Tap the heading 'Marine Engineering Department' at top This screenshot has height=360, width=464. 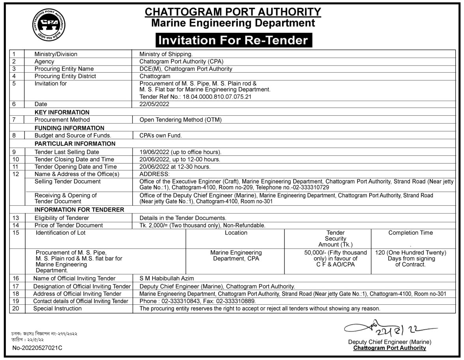tap(233, 23)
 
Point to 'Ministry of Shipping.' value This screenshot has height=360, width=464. tap(166, 54)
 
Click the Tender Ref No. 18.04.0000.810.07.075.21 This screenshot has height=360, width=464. tap(196, 96)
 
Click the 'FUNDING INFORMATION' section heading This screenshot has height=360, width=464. tap(69, 128)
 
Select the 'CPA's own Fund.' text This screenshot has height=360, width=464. tap(161, 135)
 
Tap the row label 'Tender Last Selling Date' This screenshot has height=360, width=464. tap(67, 152)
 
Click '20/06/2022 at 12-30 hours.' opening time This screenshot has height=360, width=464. tap(175, 167)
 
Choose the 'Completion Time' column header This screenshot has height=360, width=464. tap(410, 233)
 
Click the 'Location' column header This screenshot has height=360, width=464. tap(236, 233)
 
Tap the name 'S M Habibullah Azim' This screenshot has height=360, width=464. tap(167, 279)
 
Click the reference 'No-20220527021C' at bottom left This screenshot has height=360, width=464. tap(37, 348)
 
